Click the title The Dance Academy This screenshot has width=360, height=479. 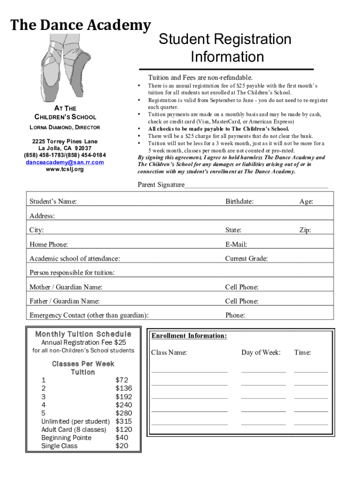click(81, 25)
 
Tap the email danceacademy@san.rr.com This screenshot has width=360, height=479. click(65, 162)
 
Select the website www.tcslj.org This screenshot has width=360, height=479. click(65, 169)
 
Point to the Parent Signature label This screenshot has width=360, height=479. click(161, 185)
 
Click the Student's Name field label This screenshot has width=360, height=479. click(53, 202)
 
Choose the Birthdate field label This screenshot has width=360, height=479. click(239, 202)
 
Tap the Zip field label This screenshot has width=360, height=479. click(305, 230)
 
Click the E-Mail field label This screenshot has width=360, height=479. click(236, 244)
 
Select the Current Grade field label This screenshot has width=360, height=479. click(246, 259)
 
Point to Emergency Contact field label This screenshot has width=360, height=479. click(89, 315)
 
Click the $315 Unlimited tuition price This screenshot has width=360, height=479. click(124, 421)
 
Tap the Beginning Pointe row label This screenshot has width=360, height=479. click(66, 438)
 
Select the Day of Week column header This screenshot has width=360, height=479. click(261, 353)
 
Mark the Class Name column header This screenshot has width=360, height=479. click(169, 353)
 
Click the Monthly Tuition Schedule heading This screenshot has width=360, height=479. click(83, 334)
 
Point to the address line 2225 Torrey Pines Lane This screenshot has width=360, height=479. click(65, 141)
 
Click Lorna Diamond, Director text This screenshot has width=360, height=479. click(65, 127)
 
